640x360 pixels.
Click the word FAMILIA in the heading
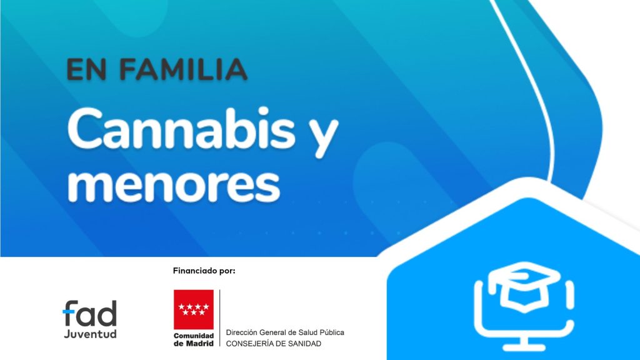183,69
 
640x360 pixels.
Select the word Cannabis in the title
181,129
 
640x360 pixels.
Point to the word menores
174,185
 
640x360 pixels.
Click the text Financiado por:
204,271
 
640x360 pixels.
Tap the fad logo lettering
90,313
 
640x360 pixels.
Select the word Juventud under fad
90,334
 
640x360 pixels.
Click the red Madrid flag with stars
194,309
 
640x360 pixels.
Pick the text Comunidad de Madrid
194,339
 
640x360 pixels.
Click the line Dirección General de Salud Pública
285,332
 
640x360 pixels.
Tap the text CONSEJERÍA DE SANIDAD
274,344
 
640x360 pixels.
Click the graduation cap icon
524,286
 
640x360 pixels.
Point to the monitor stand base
524,347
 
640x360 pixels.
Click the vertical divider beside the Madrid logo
219,318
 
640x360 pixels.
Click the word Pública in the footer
331,332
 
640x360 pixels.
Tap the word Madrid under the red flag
200,344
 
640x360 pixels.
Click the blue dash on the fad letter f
69,312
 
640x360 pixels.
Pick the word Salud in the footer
307,332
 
